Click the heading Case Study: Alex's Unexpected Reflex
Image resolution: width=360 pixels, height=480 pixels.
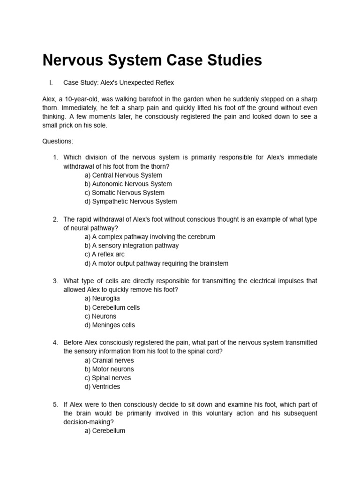click(x=119, y=82)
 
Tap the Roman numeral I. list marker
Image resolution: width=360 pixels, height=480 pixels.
click(x=50, y=82)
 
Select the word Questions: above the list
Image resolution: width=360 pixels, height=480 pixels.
click(x=58, y=141)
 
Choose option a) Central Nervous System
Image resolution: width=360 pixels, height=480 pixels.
click(x=123, y=175)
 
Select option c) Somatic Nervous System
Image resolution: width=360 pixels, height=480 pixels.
click(x=124, y=193)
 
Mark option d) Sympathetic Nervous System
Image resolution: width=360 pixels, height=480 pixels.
click(x=131, y=202)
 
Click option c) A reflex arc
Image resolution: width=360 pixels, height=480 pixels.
click(x=105, y=255)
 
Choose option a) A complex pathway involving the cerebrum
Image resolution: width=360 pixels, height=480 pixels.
click(x=150, y=237)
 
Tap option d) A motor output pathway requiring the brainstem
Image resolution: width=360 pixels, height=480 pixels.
click(x=157, y=263)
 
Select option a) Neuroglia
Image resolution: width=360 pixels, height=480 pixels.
click(x=102, y=299)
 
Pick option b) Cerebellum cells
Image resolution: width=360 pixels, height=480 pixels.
click(x=112, y=307)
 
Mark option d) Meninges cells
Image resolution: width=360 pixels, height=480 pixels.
click(x=110, y=325)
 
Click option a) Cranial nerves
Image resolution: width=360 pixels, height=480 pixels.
click(x=109, y=360)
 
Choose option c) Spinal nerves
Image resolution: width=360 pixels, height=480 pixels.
click(x=108, y=378)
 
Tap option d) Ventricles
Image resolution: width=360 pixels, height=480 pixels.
click(x=102, y=387)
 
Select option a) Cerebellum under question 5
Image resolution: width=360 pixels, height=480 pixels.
click(x=105, y=430)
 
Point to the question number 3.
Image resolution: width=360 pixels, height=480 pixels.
click(x=55, y=281)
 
